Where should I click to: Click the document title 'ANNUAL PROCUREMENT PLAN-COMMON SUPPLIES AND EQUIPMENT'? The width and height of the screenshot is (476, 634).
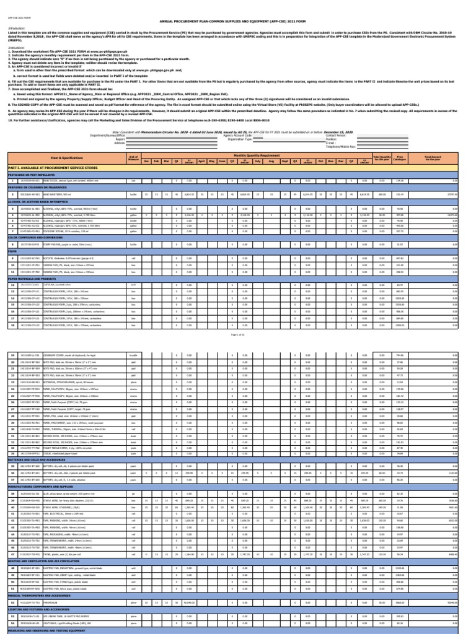[x=238, y=20]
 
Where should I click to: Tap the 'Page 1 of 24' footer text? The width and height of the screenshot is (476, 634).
[x=238, y=334]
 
